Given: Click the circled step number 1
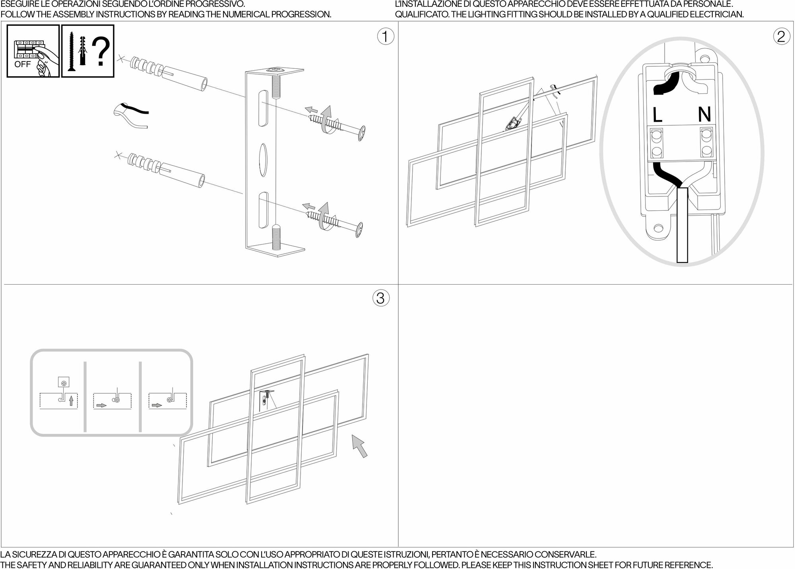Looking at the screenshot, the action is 385,37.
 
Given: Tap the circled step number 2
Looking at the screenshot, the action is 781,37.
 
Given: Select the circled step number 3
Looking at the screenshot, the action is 380,298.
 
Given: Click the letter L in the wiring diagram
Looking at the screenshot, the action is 657,115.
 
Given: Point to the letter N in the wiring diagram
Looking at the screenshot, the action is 704,115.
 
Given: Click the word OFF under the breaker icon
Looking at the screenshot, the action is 22,64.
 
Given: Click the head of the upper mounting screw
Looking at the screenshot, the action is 361,133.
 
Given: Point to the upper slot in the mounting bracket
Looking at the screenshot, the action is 263,108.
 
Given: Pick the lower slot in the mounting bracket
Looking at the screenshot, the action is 263,210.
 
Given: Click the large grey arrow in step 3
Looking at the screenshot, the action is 359,446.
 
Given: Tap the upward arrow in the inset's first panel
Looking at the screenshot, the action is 71,400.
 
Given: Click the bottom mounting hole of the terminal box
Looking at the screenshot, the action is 658,228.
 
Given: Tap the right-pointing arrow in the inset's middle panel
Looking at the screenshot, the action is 101,406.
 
